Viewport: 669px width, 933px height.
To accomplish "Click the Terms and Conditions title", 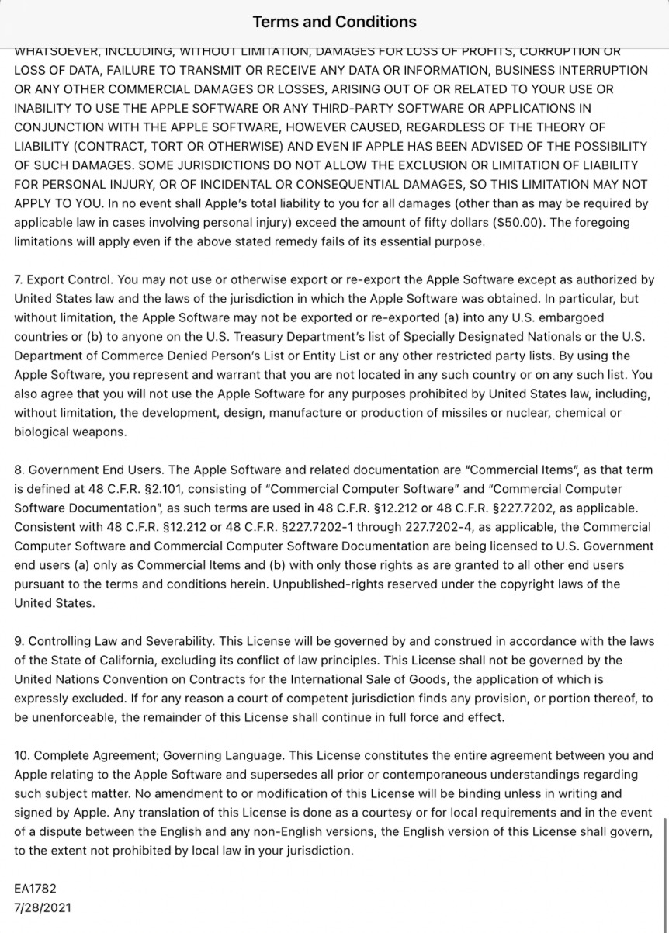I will tap(334, 22).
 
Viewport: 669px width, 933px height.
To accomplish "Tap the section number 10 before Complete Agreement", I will tap(22, 755).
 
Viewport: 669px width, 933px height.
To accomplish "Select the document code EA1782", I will tap(35, 888).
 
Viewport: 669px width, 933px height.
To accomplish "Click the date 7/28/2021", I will tap(43, 907).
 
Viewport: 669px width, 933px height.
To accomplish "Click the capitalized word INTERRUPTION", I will tap(599, 70).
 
